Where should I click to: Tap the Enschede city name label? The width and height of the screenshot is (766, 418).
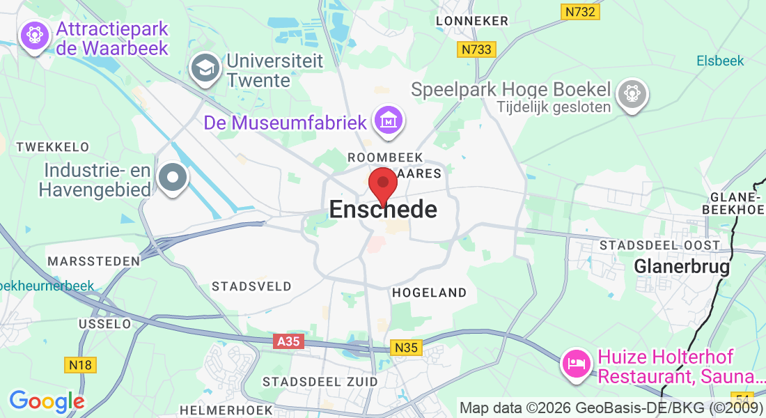[383, 209]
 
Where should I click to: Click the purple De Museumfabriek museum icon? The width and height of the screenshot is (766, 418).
[389, 121]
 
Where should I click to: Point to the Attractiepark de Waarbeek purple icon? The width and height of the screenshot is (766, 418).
[33, 35]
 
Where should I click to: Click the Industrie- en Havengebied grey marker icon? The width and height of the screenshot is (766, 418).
[173, 178]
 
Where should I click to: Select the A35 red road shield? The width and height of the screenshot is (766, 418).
[289, 341]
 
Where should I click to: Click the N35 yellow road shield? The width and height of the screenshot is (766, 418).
[407, 348]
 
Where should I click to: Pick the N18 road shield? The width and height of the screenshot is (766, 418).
[81, 364]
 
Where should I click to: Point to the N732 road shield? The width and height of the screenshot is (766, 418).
[580, 12]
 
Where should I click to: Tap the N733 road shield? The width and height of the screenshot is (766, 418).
[476, 49]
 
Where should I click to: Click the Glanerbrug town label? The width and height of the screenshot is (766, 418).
[682, 266]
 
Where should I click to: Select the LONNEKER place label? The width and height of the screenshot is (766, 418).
[472, 21]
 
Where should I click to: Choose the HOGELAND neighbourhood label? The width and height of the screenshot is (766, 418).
[429, 293]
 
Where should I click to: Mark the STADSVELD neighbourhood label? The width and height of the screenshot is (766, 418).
[251, 286]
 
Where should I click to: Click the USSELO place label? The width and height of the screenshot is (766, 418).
[104, 324]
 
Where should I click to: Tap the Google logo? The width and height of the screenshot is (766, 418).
[47, 401]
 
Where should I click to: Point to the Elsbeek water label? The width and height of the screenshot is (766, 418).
[720, 61]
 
